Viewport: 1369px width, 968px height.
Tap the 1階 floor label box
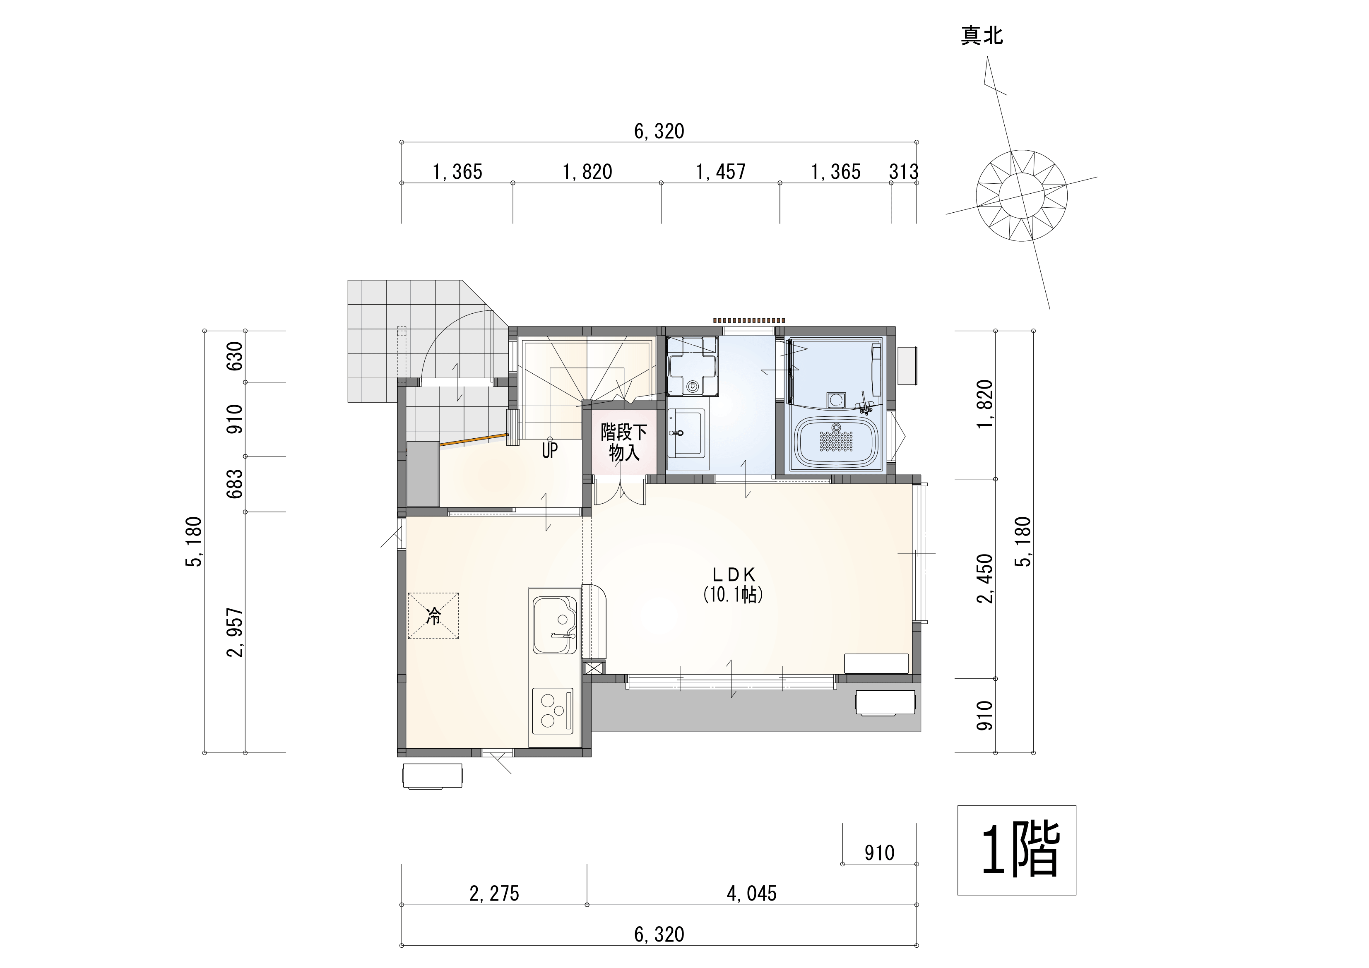tap(1017, 850)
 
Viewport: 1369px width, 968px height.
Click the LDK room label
tap(734, 574)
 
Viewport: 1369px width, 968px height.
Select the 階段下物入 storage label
tap(624, 442)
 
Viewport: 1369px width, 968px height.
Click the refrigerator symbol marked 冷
tap(433, 616)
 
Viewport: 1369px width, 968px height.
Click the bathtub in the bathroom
tap(837, 442)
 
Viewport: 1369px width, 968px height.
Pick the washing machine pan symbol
tap(692, 366)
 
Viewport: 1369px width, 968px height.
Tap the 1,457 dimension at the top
tap(721, 172)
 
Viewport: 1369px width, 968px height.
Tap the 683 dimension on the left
tap(236, 484)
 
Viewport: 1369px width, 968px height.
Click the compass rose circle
tap(1021, 195)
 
